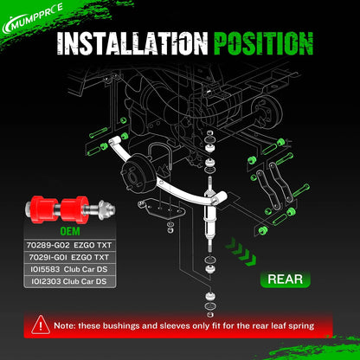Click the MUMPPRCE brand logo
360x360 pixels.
32,19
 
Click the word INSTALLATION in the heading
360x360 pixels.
132,43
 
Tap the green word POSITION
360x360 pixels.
263,43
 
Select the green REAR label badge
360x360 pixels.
285,280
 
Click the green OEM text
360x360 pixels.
70,231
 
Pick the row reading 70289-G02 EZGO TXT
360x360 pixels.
69,245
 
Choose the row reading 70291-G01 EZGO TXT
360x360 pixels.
69,257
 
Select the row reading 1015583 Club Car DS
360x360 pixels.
69,269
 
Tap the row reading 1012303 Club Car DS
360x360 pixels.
69,281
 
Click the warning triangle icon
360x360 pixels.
41,325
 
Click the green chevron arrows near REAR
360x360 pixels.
241,251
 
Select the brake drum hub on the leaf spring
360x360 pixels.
135,173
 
